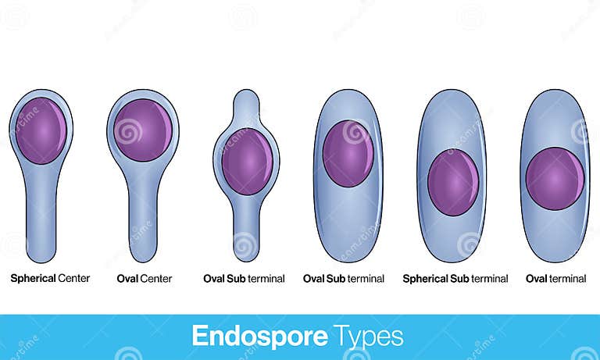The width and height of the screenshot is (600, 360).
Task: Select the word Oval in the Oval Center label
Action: [x=127, y=278]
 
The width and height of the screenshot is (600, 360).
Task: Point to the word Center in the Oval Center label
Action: [x=156, y=278]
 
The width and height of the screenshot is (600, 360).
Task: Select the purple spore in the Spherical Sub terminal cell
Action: [x=453, y=182]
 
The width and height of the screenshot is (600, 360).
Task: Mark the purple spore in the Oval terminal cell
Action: [x=555, y=179]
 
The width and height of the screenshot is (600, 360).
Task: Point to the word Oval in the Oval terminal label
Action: [x=536, y=278]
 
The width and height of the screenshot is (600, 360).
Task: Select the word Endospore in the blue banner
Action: [x=259, y=337]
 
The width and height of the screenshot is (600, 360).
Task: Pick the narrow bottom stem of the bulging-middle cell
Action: [x=246, y=234]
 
